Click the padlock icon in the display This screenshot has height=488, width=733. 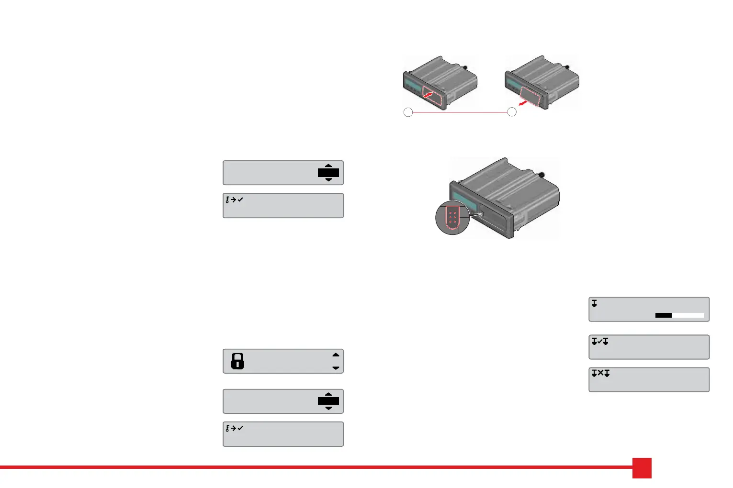(x=237, y=361)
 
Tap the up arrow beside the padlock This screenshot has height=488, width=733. (x=336, y=355)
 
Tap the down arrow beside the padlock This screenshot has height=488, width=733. (x=336, y=368)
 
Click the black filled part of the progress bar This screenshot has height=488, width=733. (x=664, y=315)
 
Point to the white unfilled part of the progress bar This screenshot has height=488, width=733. (x=688, y=315)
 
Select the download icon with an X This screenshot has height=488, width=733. (x=600, y=373)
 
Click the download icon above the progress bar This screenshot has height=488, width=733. (x=594, y=303)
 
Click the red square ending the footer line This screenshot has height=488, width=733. (x=642, y=468)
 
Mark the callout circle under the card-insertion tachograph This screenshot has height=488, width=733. (x=408, y=112)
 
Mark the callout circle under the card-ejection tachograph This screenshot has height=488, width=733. (x=512, y=112)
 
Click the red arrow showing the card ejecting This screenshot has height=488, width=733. (x=526, y=102)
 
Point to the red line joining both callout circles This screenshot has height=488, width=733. (x=460, y=112)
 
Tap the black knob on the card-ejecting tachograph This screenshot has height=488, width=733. (x=567, y=67)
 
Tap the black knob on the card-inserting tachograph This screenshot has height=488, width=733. (x=465, y=67)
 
